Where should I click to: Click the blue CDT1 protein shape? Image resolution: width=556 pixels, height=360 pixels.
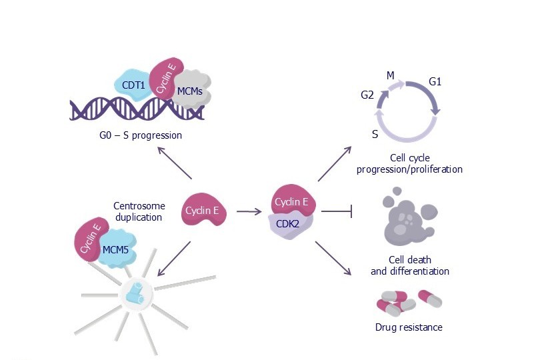(133, 85)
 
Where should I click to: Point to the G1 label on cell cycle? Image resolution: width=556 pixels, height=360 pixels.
(435, 81)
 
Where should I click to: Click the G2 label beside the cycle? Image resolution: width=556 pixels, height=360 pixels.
(367, 95)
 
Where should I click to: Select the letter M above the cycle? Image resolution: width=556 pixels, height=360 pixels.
(391, 75)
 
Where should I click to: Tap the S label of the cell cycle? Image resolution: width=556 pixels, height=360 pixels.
(375, 134)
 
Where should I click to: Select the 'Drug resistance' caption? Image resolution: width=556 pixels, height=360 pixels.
(409, 327)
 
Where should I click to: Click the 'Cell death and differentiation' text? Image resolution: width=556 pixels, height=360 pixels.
(409, 265)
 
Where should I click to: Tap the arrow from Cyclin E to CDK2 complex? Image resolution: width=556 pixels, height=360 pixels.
(249, 212)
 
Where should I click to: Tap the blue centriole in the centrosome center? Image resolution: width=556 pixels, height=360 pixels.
(136, 291)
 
